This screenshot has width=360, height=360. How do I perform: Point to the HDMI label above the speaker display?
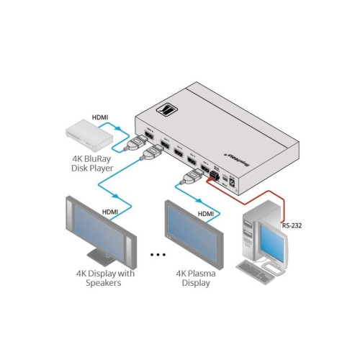click(x=110, y=212)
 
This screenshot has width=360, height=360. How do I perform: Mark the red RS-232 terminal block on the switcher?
click(x=215, y=174)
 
